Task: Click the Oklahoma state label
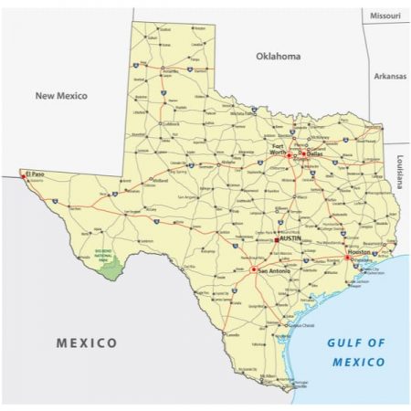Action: click(278, 56)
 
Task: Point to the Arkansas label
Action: click(390, 77)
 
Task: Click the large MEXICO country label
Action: click(87, 343)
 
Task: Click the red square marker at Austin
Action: click(277, 239)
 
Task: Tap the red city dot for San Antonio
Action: click(253, 269)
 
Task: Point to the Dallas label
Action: click(314, 154)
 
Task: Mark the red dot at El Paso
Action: click(25, 174)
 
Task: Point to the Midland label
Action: click(160, 181)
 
